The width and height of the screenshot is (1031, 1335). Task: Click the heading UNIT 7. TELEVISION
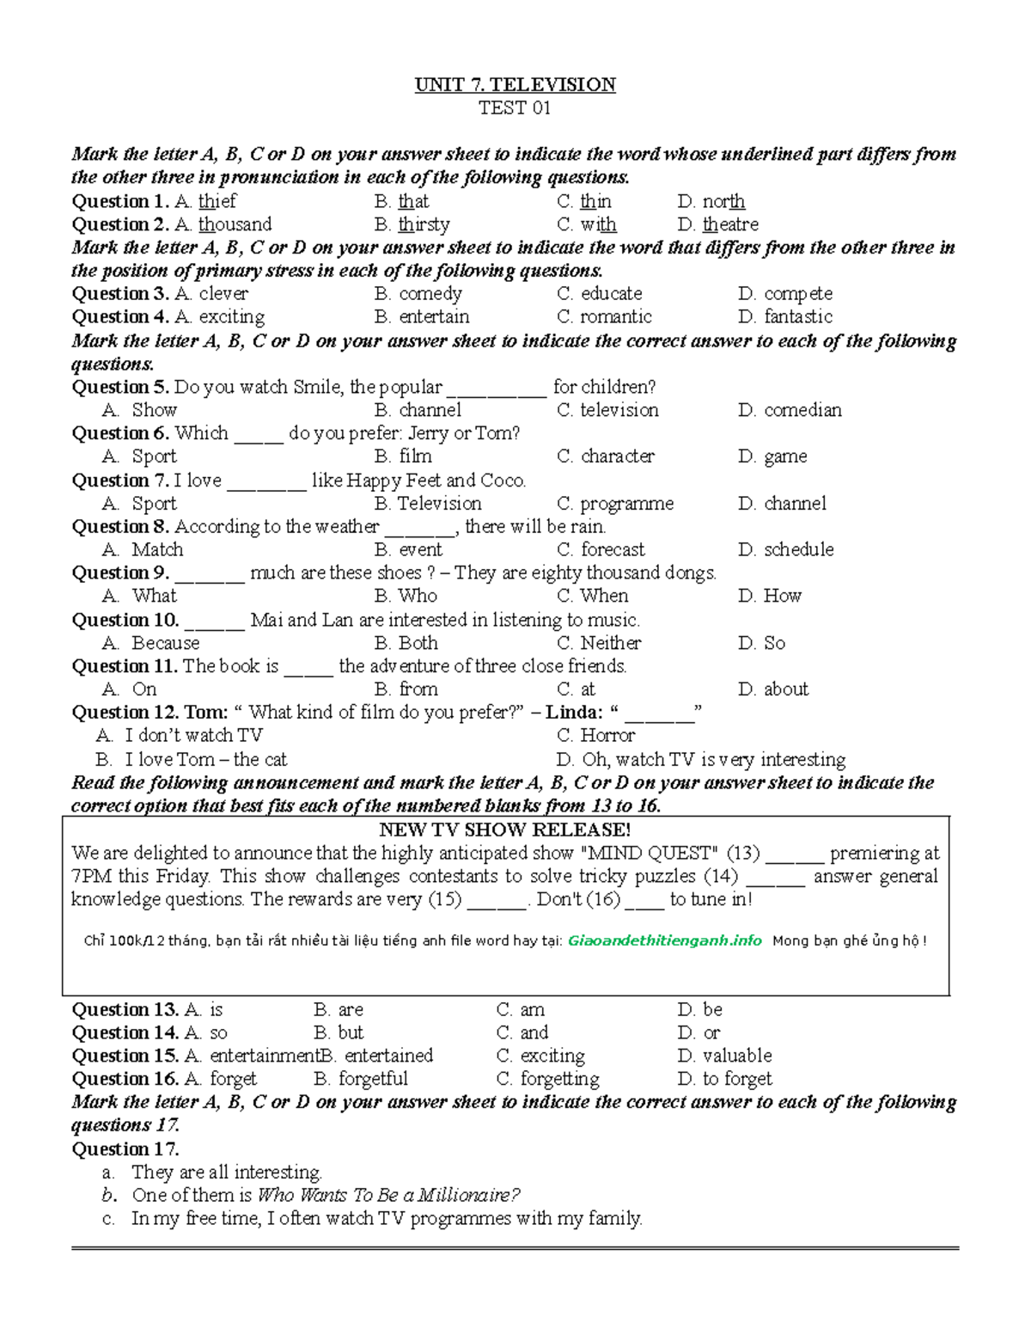click(x=515, y=84)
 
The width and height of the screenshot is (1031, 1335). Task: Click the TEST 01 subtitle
click(x=515, y=107)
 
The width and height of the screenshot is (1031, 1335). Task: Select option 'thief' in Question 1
click(x=217, y=201)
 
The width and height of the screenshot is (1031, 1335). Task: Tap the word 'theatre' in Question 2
click(x=730, y=224)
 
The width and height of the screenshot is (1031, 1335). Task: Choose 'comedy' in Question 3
click(x=430, y=294)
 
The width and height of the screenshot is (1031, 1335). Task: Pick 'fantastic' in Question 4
click(x=798, y=317)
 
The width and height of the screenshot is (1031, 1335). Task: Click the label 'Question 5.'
click(x=120, y=387)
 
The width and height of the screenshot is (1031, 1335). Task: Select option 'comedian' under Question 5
click(x=802, y=410)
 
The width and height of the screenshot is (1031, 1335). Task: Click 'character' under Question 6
click(x=617, y=456)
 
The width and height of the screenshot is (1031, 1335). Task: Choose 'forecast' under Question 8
click(x=613, y=549)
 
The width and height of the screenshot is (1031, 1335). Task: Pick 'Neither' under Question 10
click(x=610, y=643)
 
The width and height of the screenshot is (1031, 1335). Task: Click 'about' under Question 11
click(x=785, y=689)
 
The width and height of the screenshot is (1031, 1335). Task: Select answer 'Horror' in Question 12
click(x=607, y=736)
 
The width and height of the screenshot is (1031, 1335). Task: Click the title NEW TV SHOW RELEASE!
click(x=505, y=830)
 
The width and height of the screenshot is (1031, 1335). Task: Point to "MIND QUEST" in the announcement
click(x=648, y=853)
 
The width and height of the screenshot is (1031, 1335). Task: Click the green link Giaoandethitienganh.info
click(x=665, y=940)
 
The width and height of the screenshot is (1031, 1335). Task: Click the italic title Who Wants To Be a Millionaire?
click(x=388, y=1195)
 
